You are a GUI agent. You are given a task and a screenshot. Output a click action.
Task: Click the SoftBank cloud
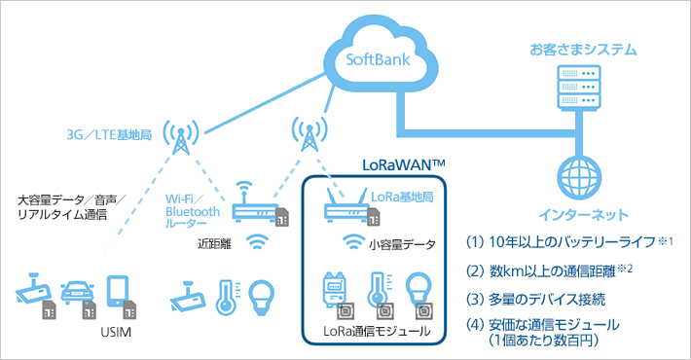(379, 60)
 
